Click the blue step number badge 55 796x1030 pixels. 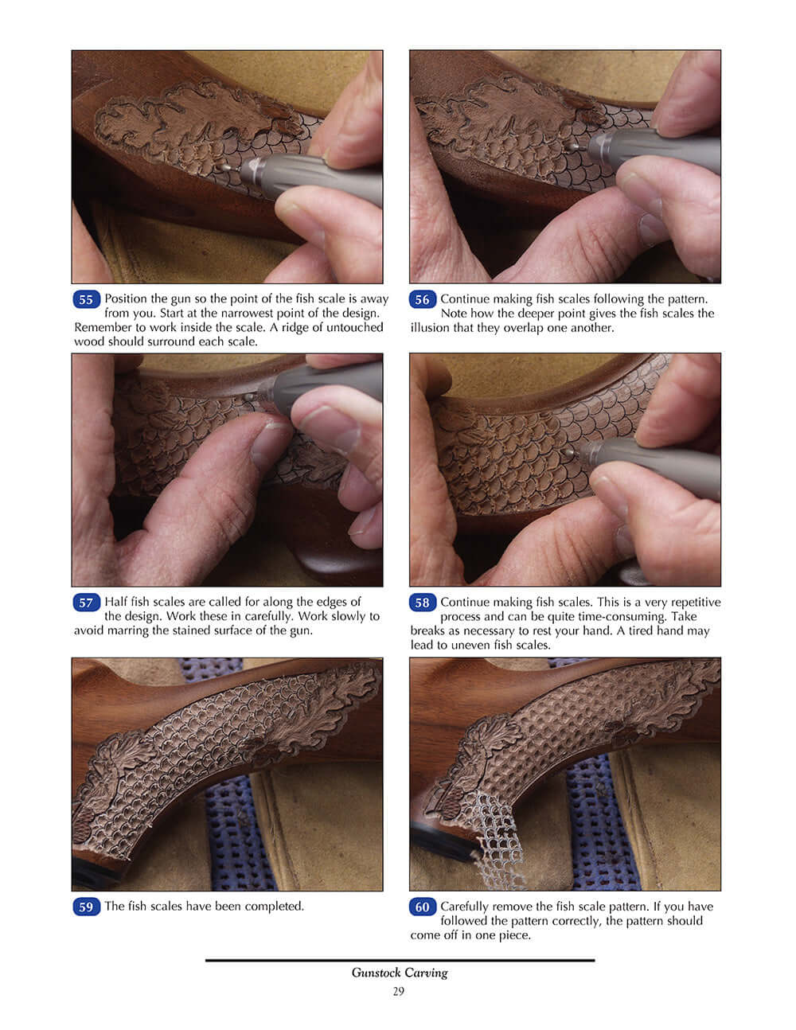[86, 300]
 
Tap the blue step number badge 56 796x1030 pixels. [422, 300]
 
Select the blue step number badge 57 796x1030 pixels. [86, 603]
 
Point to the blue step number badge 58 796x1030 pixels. [422, 603]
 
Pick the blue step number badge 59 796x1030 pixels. [86, 907]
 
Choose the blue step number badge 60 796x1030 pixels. [422, 907]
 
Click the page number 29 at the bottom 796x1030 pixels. [398, 991]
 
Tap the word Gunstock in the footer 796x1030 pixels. [377, 973]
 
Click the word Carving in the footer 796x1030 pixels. [427, 973]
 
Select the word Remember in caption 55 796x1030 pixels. [100, 327]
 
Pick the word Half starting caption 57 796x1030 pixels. [116, 602]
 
